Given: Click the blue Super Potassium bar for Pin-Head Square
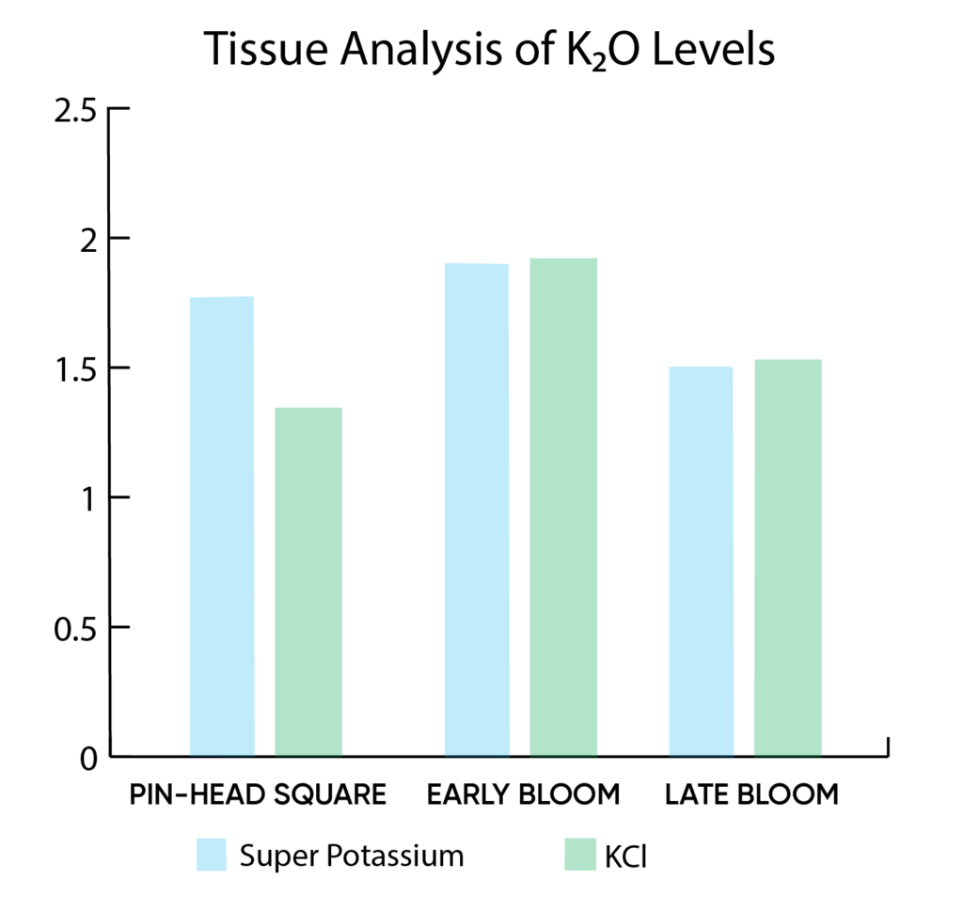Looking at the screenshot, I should click(222, 526).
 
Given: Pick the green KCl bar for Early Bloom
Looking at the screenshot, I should click(563, 507).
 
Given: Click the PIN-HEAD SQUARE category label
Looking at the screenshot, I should click(258, 794).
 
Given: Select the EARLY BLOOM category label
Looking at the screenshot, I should click(523, 794).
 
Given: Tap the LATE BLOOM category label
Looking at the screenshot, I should click(750, 794).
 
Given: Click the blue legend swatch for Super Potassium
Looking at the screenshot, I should click(212, 856).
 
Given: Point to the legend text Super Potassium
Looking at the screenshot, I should click(352, 856).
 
